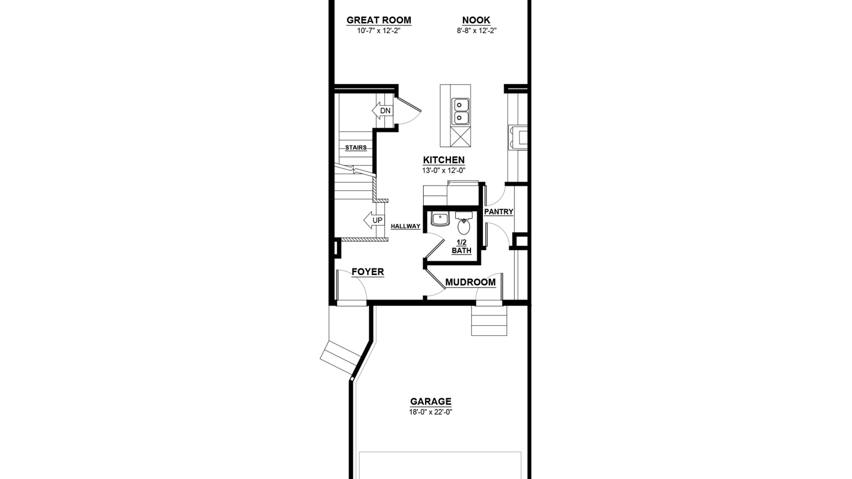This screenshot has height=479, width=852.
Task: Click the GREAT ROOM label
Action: point(379,20)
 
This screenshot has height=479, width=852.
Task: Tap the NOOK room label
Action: point(476,20)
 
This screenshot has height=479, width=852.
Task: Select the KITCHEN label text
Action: point(444,160)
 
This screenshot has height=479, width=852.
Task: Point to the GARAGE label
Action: point(431,401)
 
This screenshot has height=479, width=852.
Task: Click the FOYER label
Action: point(368,272)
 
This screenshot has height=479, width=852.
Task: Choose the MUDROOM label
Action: point(470,282)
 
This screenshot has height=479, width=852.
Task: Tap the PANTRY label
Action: point(499,212)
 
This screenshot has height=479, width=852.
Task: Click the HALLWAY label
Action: point(405,226)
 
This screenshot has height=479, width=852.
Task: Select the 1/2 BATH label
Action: point(462,246)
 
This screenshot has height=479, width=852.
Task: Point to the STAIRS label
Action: point(356,147)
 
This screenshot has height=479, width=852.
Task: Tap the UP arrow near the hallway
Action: point(374,220)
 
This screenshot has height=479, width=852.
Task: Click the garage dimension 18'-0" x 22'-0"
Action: point(431,412)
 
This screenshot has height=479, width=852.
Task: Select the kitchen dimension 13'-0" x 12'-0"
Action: point(444,171)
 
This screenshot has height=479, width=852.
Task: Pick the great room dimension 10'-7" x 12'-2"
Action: point(379,31)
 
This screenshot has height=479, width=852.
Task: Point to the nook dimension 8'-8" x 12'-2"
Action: point(477,31)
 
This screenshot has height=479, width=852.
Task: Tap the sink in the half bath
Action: point(440,219)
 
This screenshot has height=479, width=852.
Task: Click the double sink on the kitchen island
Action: point(460,111)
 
